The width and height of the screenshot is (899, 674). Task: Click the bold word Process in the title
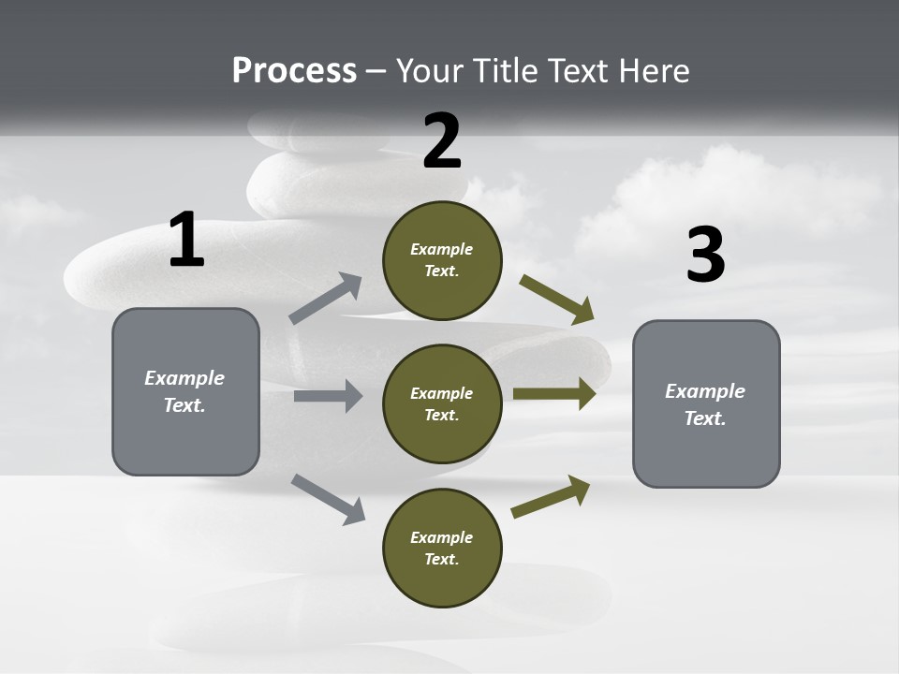[294, 70]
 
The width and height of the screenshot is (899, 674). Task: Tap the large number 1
[186, 241]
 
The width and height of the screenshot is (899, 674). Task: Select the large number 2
[442, 141]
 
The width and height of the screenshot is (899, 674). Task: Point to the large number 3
[705, 256]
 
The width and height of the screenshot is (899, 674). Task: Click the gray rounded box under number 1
[185, 391]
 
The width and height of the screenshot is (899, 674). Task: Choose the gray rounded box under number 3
[706, 403]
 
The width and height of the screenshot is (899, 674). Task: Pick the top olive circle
[442, 260]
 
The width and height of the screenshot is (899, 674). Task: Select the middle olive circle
[442, 403]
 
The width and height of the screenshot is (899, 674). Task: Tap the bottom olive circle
[442, 548]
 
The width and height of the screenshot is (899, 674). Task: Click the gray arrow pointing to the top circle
[326, 299]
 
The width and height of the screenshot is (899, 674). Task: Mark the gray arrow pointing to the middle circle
[328, 396]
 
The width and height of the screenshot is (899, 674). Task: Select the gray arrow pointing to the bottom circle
[328, 498]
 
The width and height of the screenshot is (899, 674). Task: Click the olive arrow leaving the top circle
[557, 300]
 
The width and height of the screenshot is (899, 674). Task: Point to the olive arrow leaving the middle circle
[554, 393]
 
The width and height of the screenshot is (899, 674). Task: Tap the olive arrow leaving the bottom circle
[551, 497]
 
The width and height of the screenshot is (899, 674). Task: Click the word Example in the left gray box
[184, 378]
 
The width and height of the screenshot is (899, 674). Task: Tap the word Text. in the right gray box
[705, 418]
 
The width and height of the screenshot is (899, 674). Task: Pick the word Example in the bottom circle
[442, 537]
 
